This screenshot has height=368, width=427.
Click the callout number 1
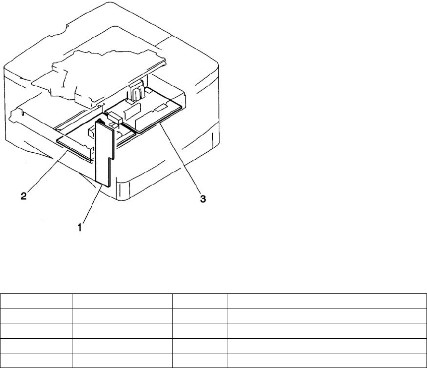[x=80, y=227]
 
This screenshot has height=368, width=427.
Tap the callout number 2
[x=24, y=197]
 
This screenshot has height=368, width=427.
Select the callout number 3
[x=203, y=199]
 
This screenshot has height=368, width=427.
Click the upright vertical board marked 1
[x=102, y=151]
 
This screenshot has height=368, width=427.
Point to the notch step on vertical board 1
[x=108, y=156]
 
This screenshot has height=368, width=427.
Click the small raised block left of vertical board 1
[x=91, y=132]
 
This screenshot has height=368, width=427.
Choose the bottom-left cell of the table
[x=36, y=360]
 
